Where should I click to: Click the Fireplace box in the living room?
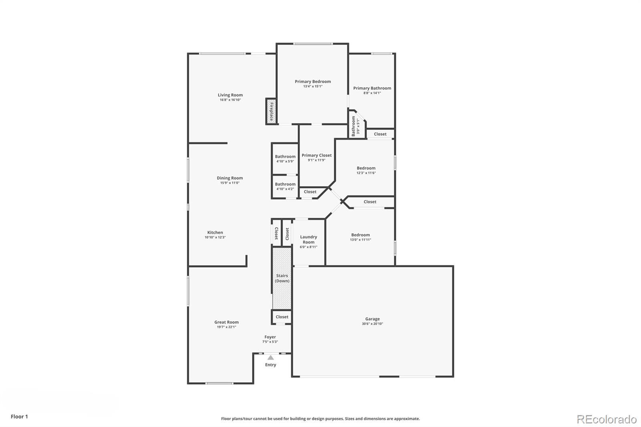[x=271, y=111]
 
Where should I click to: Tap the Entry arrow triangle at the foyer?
[x=271, y=357]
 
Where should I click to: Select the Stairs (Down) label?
[x=282, y=278]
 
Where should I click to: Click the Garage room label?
[x=372, y=319]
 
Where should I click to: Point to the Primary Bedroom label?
[x=313, y=81]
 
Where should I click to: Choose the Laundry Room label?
[x=308, y=240]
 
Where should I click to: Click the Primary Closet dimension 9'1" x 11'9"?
[x=316, y=160]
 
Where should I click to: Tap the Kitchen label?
[x=215, y=232]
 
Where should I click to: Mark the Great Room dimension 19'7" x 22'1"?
[x=226, y=327]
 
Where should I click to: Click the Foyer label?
[x=270, y=337]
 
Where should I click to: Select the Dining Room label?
[x=230, y=178]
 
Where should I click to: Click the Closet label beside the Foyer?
[x=282, y=317]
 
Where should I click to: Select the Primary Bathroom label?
[x=372, y=88]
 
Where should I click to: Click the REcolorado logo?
[x=607, y=419]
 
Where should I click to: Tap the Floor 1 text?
[x=19, y=417]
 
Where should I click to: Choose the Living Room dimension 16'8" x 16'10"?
[x=230, y=100]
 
